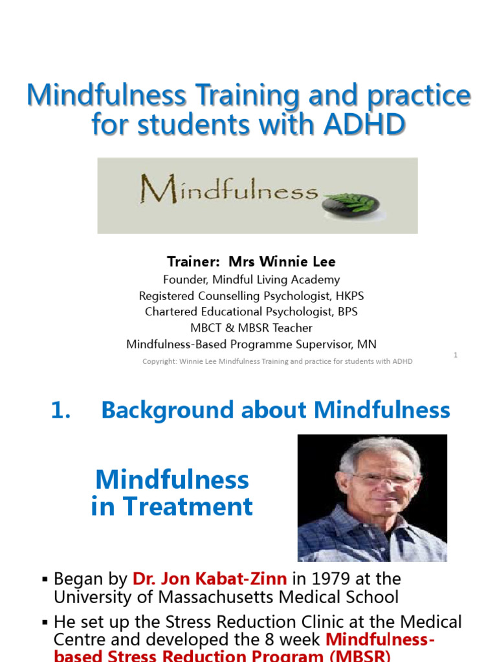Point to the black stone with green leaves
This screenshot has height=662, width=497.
click(351, 203)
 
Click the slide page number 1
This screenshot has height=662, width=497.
click(456, 355)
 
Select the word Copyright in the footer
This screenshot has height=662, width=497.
click(160, 361)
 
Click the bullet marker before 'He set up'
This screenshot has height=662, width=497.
click(45, 623)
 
